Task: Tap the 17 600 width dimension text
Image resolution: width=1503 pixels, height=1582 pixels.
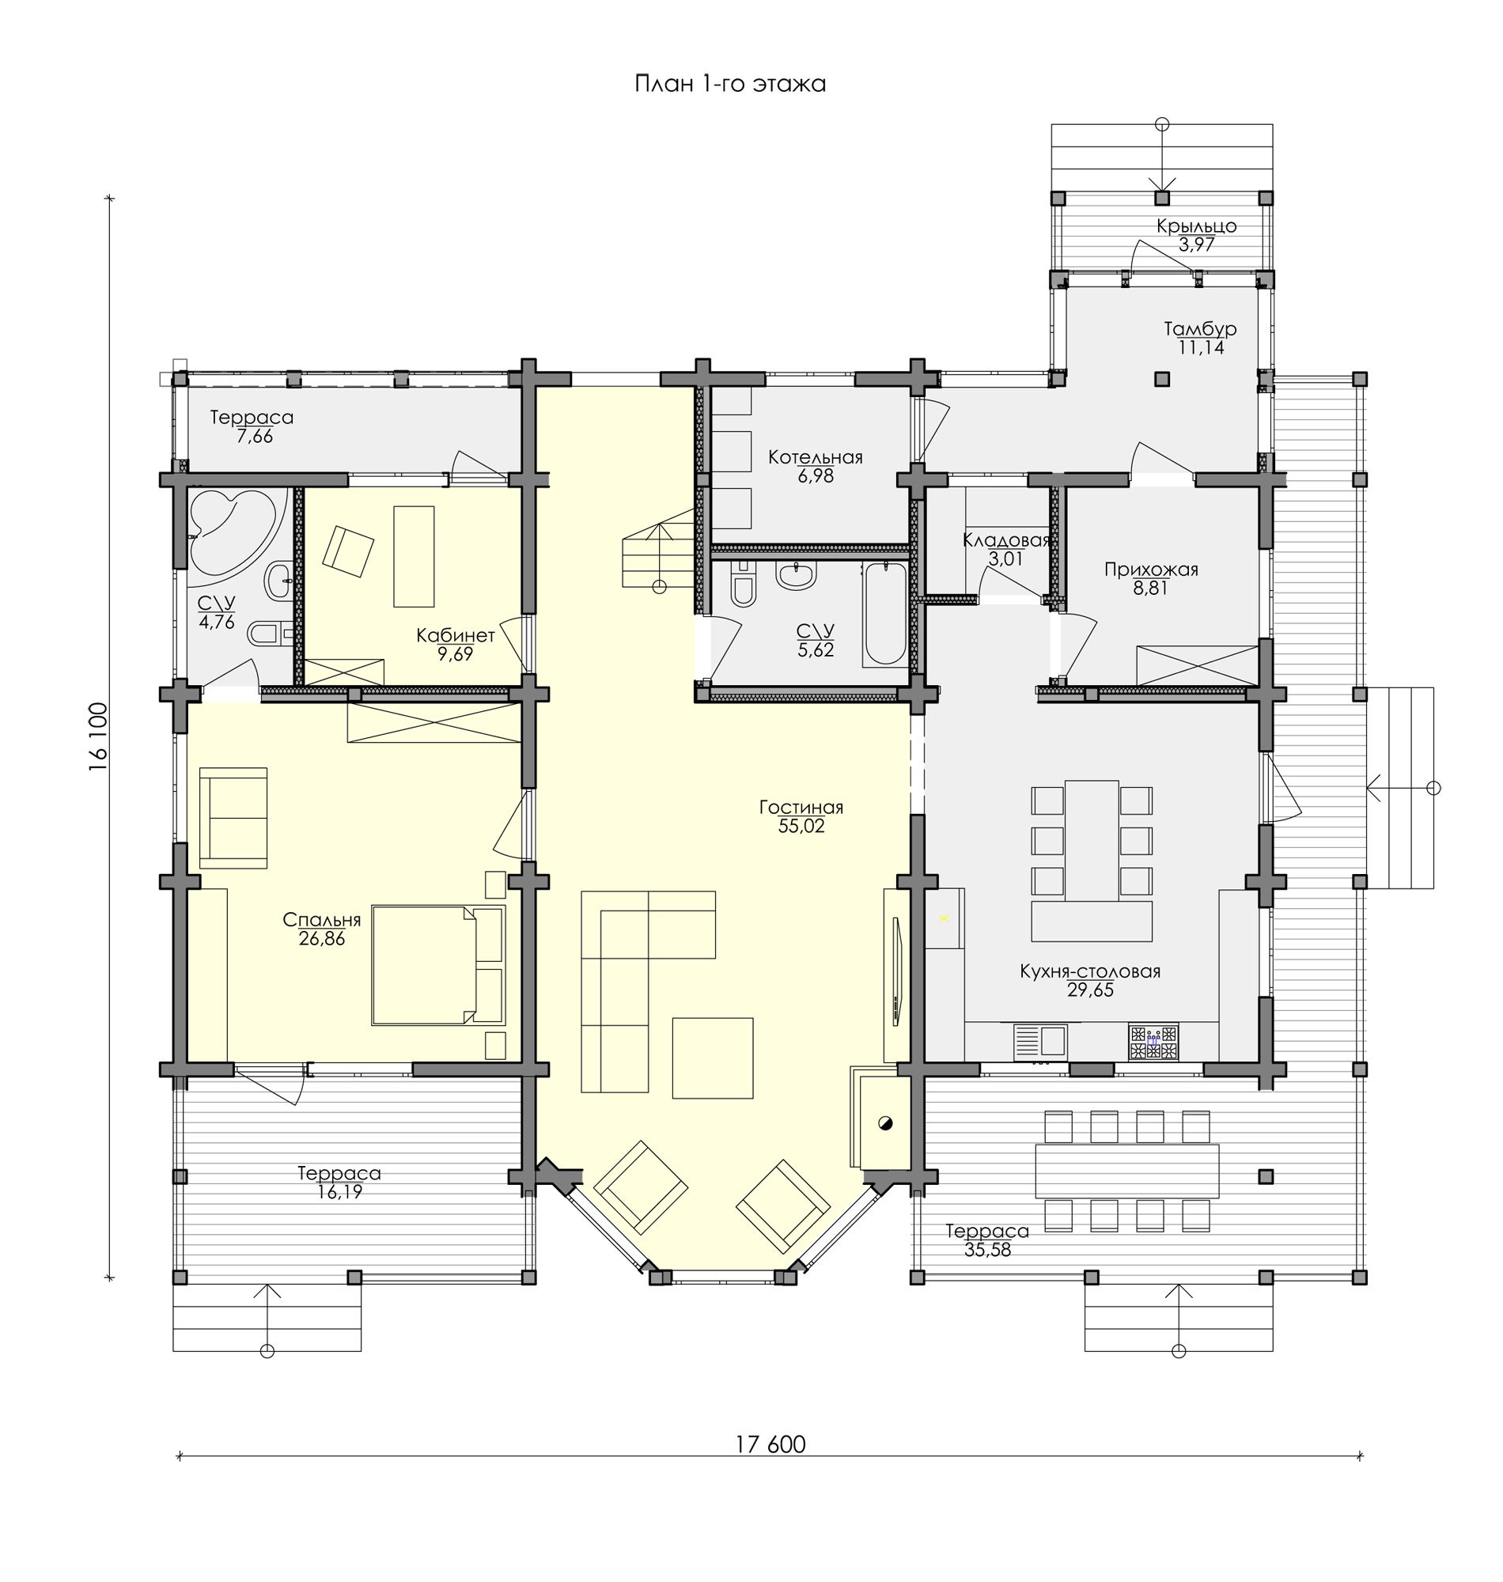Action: point(770,1444)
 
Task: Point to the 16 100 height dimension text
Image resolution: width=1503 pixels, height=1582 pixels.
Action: point(99,738)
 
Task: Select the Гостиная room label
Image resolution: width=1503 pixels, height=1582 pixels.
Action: point(801,808)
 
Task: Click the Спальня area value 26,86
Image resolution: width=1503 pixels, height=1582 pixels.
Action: point(322,939)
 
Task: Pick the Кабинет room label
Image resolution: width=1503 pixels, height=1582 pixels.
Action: point(455,635)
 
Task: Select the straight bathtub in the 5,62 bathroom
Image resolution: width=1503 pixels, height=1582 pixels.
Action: point(884,615)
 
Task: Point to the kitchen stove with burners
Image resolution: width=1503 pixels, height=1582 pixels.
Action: point(1153,1042)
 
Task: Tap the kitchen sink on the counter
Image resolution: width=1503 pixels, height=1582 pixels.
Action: point(1041,1042)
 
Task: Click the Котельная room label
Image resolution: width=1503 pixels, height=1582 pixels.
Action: point(815,457)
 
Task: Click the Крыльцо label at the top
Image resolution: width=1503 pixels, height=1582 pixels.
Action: point(1196,227)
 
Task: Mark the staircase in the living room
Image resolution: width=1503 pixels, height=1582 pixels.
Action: point(658,555)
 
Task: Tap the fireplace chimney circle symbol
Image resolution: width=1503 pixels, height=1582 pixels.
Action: point(884,1123)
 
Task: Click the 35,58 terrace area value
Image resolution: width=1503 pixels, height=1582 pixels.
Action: point(987,1250)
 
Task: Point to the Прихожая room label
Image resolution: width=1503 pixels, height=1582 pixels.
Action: point(1150,570)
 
